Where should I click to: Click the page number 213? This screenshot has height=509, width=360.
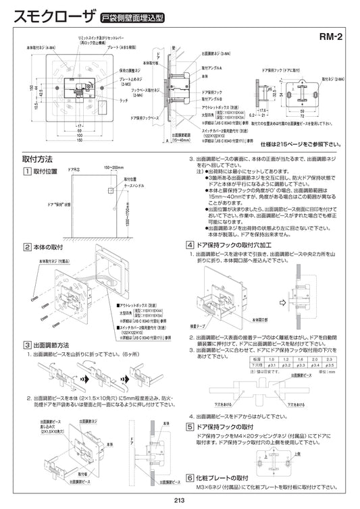pos(179,500)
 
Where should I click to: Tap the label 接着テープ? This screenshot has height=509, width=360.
pos(199,324)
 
